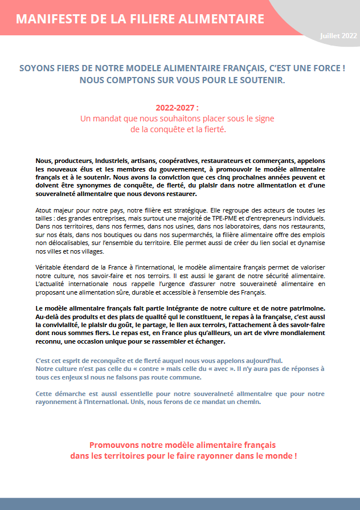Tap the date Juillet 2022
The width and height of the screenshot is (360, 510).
click(338, 35)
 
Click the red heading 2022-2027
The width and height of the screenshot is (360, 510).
click(177, 108)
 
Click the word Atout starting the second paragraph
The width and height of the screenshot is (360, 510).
click(44, 210)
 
